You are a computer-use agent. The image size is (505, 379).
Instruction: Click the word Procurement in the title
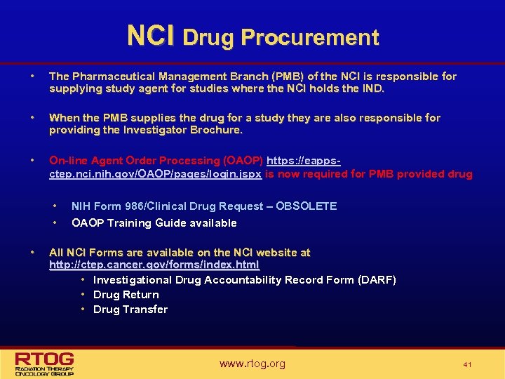tap(309, 37)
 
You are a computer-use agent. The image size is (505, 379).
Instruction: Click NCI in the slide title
tap(151, 36)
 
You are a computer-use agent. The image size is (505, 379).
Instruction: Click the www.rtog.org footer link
tap(252, 364)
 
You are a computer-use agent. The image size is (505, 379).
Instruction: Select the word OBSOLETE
tap(307, 206)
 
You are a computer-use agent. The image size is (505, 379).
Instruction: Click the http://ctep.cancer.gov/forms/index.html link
tap(154, 265)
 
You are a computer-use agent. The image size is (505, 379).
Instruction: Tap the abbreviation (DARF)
tap(377, 280)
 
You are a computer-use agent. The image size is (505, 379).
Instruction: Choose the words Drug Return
tap(126, 295)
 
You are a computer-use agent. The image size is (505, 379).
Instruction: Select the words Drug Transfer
tap(130, 310)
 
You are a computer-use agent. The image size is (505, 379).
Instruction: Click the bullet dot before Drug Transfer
tap(83, 309)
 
